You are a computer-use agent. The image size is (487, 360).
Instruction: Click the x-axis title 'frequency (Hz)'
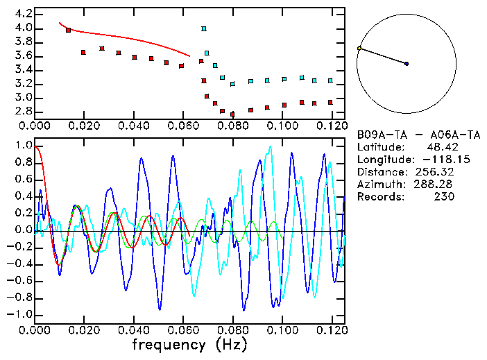(189, 344)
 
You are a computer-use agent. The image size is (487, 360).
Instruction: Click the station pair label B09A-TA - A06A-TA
(412, 135)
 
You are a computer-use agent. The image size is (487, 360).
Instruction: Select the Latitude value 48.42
(441, 147)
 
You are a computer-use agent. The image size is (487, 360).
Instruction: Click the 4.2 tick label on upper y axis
(24, 14)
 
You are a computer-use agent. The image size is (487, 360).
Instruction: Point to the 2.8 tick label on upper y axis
(24, 111)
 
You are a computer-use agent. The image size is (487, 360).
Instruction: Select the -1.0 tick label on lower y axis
(21, 315)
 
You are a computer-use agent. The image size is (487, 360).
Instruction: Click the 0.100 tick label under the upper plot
(282, 126)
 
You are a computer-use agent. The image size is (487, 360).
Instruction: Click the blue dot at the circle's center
(407, 64)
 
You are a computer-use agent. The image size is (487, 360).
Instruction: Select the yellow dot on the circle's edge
(359, 48)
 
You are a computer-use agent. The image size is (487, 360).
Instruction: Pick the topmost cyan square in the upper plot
(203, 28)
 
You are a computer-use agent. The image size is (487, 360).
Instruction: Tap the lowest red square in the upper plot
(232, 114)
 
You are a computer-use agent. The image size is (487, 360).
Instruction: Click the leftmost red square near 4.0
(68, 30)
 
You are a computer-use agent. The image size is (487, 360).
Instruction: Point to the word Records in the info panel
(379, 197)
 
